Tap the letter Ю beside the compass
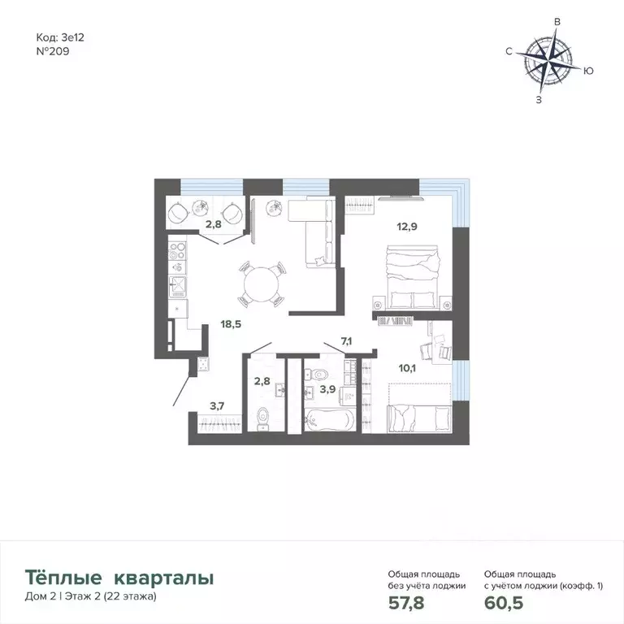(x=588, y=71)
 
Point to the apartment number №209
(x=54, y=49)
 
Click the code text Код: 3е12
(x=58, y=36)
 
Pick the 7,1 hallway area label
(x=347, y=340)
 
